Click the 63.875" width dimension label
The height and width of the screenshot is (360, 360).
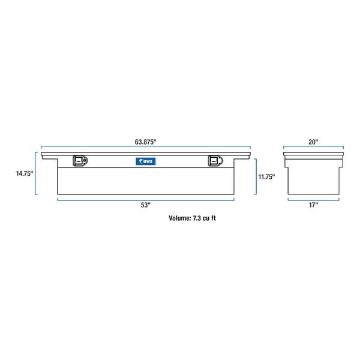coord(146,142)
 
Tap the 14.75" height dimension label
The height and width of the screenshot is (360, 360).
coord(25,174)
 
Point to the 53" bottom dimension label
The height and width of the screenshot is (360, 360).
coord(145,205)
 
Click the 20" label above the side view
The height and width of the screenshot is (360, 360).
coord(314,142)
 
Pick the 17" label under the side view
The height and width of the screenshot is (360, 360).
coord(314,205)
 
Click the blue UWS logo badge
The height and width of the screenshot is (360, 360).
coord(145,161)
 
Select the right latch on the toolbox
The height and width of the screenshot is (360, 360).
coord(215,160)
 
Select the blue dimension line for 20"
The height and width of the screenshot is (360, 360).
coord(314,148)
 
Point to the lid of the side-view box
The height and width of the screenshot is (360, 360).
coord(314,155)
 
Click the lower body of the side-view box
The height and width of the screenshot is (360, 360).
coord(314,179)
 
